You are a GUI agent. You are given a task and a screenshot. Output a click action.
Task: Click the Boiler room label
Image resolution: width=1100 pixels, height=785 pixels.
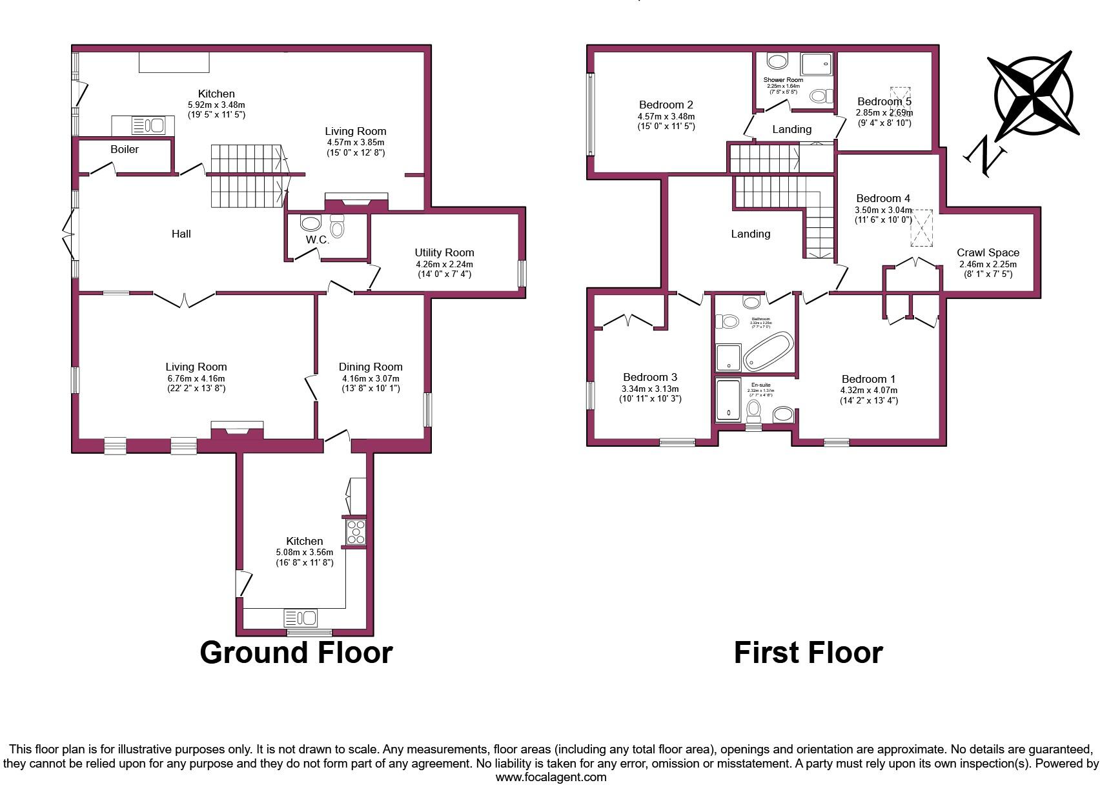pos(125,149)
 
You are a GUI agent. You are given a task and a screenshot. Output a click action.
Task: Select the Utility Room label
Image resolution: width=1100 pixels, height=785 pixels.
pos(444,252)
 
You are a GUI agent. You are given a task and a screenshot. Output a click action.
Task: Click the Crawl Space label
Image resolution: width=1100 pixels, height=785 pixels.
pos(988,252)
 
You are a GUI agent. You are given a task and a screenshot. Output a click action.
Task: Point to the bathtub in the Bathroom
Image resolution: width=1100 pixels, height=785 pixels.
pos(768,351)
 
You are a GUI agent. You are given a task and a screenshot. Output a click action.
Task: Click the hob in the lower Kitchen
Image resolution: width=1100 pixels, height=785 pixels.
pos(355,532)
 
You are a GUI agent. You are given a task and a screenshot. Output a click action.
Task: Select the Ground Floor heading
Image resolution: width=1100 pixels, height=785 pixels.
pos(296,652)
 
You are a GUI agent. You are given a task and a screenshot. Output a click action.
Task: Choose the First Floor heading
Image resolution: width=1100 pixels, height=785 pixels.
pos(808,652)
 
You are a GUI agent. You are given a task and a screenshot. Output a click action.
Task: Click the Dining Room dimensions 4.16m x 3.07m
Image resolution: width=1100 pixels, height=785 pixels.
pos(370,378)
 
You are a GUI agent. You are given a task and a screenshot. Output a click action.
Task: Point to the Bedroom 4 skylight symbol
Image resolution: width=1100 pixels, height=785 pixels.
pos(922,227)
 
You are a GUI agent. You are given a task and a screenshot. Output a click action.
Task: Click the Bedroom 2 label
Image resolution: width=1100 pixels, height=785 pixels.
pos(666,105)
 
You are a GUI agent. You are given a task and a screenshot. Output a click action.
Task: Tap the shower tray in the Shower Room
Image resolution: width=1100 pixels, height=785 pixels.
pos(817,65)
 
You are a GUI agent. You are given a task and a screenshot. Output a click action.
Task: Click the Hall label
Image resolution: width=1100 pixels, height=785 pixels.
pos(181,234)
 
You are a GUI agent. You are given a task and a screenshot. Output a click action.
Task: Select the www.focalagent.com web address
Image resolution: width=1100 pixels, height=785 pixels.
pos(551,777)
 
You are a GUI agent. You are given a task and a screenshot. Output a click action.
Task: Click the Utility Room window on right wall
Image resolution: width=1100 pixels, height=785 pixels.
pos(522,274)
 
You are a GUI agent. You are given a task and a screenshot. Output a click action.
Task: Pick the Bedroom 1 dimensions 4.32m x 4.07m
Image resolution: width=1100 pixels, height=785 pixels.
pos(868,390)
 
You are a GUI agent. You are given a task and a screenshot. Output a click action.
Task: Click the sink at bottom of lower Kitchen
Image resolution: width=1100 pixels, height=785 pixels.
pos(301,618)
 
